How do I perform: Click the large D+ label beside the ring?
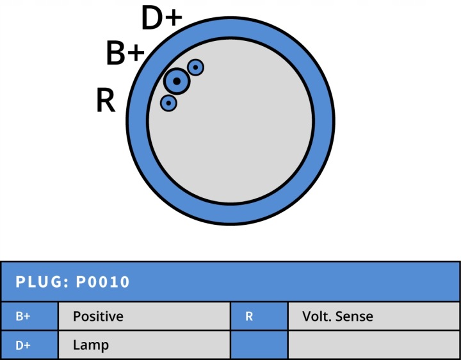pyautogui.click(x=162, y=18)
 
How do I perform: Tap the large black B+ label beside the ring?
pyautogui.click(x=125, y=53)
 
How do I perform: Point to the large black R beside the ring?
pyautogui.click(x=106, y=101)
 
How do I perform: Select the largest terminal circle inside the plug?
pyautogui.click(x=177, y=81)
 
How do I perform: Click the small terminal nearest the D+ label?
pyautogui.click(x=195, y=68)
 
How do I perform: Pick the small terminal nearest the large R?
pyautogui.click(x=168, y=103)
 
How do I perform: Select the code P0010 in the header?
pyautogui.click(x=102, y=282)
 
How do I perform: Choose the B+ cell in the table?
pyautogui.click(x=29, y=316)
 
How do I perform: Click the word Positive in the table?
pyautogui.click(x=98, y=316)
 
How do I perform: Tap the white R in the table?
pyautogui.click(x=249, y=316)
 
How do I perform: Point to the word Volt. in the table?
pyautogui.click(x=317, y=316)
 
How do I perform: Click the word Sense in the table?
pyautogui.click(x=354, y=316)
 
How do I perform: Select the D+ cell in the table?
pyautogui.click(x=29, y=345)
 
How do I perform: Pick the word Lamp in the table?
pyautogui.click(x=91, y=345)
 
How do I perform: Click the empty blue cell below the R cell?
pyautogui.click(x=259, y=345)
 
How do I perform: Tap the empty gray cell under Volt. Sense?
pyautogui.click(x=374, y=345)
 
